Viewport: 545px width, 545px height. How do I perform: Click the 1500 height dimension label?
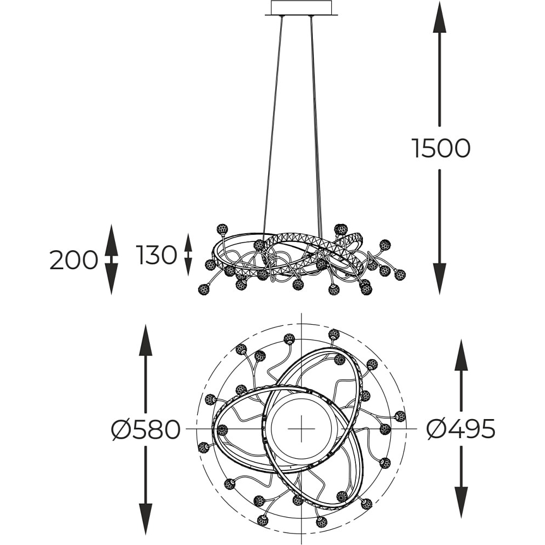point(441,148)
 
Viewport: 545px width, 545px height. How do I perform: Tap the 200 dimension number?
point(74,261)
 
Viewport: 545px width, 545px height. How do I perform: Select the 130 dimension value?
point(156,255)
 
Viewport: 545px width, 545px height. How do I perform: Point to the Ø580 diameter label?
point(146,430)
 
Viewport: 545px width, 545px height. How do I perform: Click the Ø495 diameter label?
point(461,429)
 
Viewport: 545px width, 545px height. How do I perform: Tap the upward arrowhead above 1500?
point(440,17)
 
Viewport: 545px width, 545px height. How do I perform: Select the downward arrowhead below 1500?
point(440,278)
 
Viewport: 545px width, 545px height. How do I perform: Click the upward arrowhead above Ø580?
point(146,340)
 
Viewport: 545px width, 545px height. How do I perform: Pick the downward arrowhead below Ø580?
point(146,519)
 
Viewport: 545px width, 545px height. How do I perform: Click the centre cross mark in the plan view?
point(301,428)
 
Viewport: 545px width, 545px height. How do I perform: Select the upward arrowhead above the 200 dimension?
point(111,240)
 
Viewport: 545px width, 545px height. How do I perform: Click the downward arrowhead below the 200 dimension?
point(111,279)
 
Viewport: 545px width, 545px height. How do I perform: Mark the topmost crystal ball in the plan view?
point(334,334)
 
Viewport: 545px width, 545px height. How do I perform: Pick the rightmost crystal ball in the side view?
point(400,275)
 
